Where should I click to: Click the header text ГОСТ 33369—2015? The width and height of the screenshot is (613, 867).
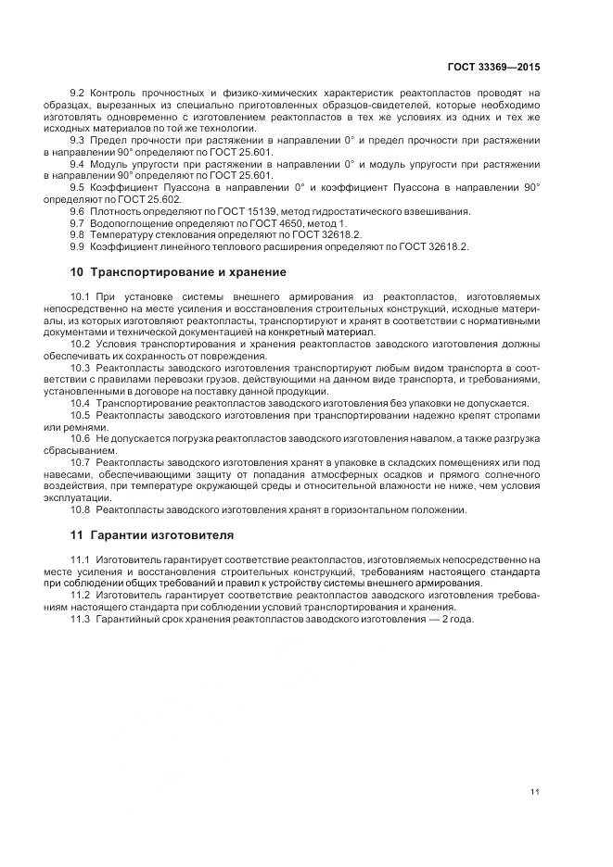(x=494, y=67)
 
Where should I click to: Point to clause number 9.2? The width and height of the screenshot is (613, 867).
(x=78, y=94)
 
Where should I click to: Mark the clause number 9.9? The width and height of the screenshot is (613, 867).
(x=78, y=247)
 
